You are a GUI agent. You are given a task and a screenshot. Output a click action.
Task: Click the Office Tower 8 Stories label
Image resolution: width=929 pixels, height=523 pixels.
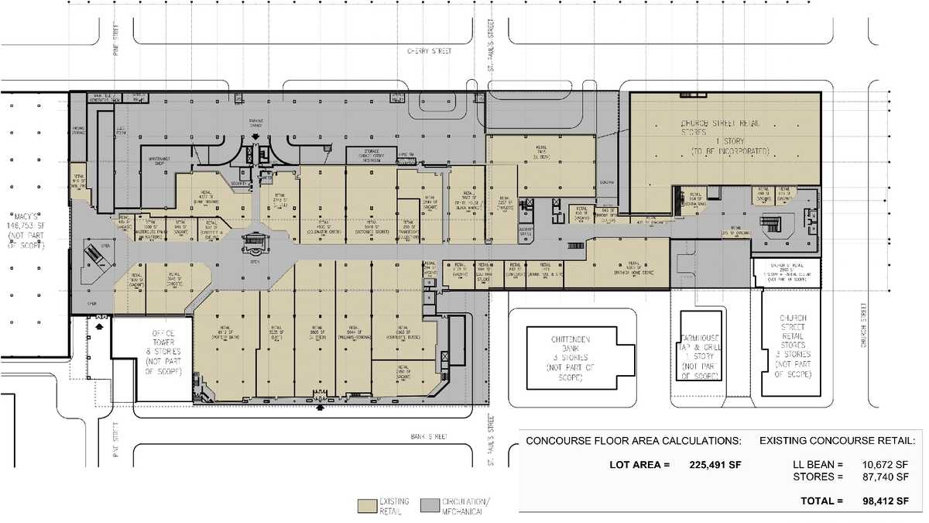(152, 353)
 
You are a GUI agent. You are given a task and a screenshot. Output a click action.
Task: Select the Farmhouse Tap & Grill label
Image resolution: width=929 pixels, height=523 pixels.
(702, 349)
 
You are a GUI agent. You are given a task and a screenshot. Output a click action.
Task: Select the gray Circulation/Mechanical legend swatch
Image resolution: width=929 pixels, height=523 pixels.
(430, 505)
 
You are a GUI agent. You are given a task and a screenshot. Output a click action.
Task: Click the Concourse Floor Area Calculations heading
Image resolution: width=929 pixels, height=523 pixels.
(633, 441)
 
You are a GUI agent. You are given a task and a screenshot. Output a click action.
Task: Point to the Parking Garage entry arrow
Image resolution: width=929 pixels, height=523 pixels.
(255, 136)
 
